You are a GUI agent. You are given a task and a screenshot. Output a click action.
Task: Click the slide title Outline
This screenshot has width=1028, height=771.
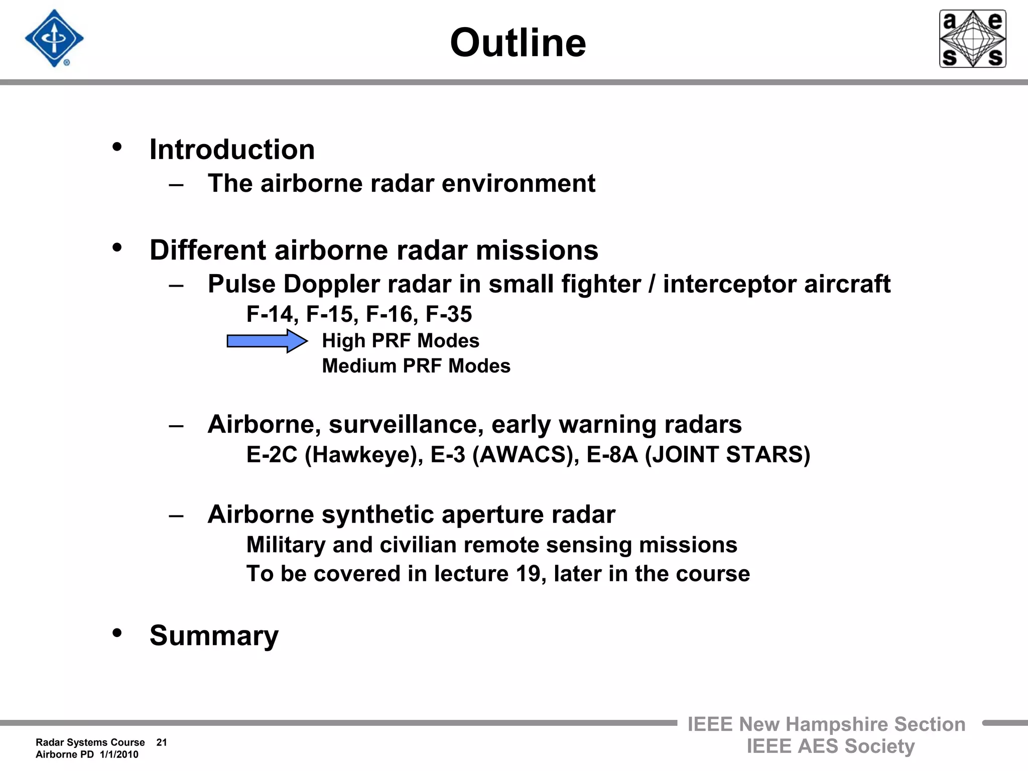(518, 43)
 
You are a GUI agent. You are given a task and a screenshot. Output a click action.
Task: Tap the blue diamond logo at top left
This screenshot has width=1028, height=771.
(54, 39)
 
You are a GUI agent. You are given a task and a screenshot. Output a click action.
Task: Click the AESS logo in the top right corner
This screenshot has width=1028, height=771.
(972, 39)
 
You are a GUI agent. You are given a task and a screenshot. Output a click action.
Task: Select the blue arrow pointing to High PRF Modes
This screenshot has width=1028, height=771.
(267, 341)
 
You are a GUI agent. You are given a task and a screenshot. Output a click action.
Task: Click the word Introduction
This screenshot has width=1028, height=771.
(232, 150)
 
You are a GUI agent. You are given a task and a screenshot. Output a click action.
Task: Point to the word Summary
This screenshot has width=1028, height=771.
(214, 636)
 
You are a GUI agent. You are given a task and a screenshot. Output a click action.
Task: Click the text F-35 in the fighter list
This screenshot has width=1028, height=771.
(449, 314)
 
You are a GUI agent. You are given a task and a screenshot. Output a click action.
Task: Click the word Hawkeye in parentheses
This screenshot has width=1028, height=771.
(364, 455)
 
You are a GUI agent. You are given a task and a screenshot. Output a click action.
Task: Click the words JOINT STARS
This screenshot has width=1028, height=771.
(727, 455)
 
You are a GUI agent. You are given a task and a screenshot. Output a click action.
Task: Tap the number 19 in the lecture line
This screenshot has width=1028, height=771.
(528, 574)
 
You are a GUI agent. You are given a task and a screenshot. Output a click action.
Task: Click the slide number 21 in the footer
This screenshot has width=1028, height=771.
(162, 742)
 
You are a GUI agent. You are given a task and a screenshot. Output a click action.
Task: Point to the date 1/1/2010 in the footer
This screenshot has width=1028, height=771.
(119, 754)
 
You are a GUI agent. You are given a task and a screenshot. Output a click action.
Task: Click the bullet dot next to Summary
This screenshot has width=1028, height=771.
(117, 633)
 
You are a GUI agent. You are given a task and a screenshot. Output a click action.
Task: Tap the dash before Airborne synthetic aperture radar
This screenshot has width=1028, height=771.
(176, 516)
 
